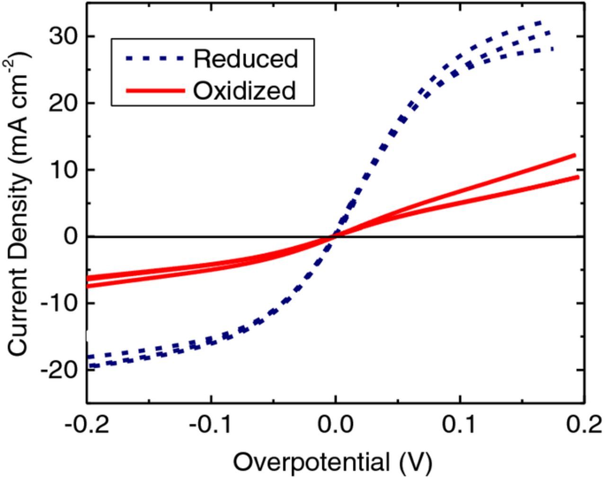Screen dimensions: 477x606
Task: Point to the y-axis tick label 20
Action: pos(63,103)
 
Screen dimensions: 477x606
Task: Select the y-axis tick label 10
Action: pos(63,169)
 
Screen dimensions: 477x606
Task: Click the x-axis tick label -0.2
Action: pos(87,424)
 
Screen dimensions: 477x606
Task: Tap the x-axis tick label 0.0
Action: pos(335,424)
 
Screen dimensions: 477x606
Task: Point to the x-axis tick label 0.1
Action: pos(460,424)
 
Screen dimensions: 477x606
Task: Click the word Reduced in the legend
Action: pos(245,59)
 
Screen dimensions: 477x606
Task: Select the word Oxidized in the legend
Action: pos(244,90)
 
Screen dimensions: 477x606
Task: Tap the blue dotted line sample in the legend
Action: pos(154,58)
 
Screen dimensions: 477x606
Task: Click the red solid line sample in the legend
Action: pos(154,90)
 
